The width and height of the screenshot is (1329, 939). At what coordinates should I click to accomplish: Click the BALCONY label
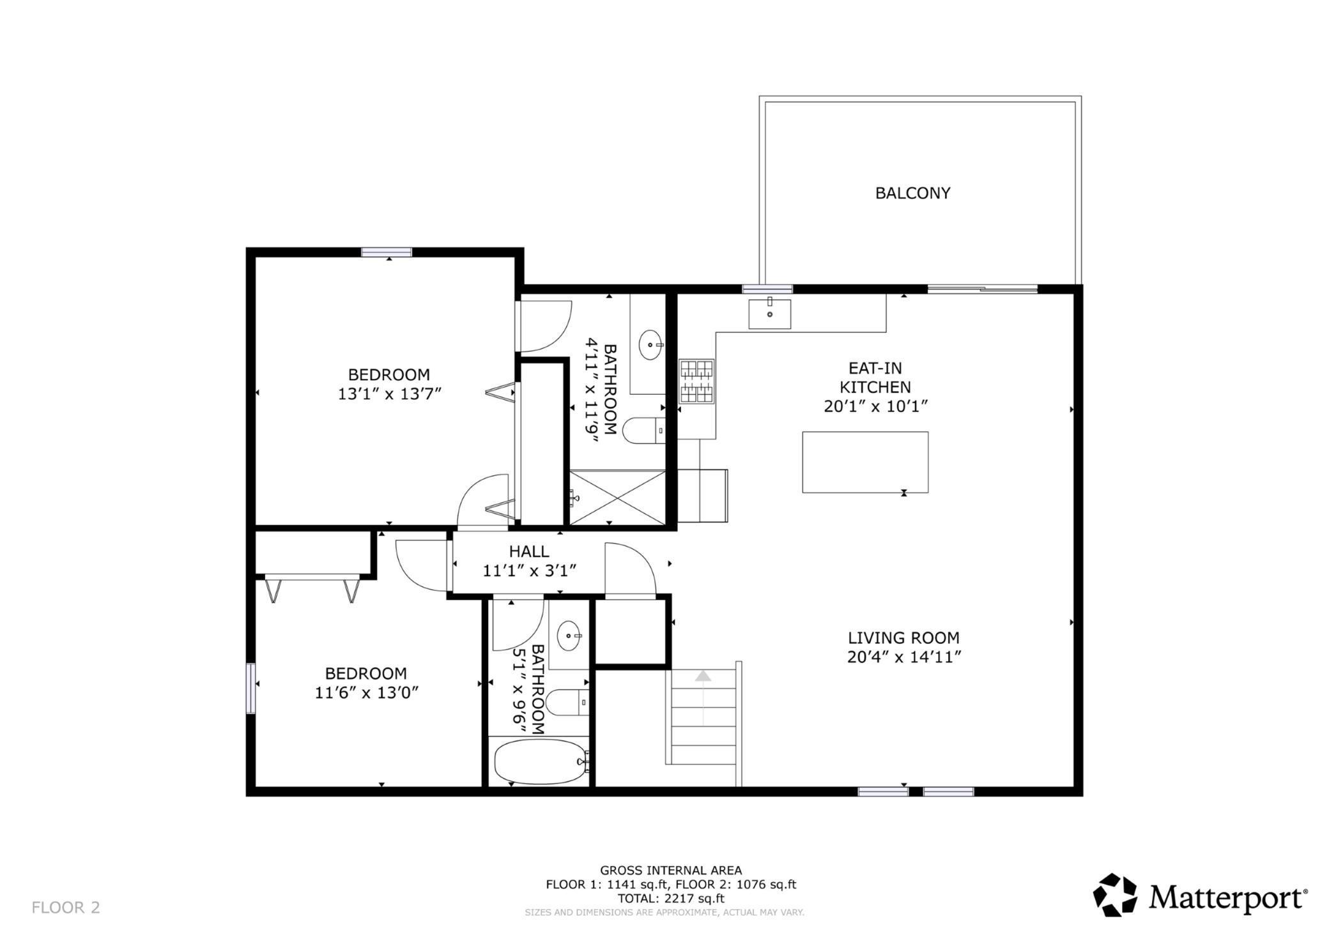pyautogui.click(x=912, y=193)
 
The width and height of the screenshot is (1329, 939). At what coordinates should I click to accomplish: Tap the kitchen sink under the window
pyautogui.click(x=769, y=314)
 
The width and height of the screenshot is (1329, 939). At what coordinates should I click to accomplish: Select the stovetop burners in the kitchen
pyautogui.click(x=696, y=381)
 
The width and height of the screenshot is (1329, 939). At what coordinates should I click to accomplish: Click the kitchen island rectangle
pyautogui.click(x=865, y=462)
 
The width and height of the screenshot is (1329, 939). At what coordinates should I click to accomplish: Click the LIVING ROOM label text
pyautogui.click(x=903, y=637)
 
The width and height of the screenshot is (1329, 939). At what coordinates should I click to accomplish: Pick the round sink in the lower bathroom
pyautogui.click(x=569, y=636)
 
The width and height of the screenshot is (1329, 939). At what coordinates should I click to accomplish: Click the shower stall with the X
pyautogui.click(x=617, y=498)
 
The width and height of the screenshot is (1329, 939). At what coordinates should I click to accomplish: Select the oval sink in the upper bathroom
pyautogui.click(x=650, y=345)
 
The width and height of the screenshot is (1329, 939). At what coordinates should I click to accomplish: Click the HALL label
pyautogui.click(x=528, y=551)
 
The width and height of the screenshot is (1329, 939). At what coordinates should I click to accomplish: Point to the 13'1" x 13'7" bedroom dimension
pyautogui.click(x=390, y=393)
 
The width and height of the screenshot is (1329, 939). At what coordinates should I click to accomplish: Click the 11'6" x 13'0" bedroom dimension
pyautogui.click(x=367, y=692)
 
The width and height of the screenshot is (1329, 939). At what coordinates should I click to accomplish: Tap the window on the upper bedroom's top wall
pyautogui.click(x=387, y=252)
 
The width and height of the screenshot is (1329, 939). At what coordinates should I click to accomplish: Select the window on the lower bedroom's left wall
pyautogui.click(x=251, y=688)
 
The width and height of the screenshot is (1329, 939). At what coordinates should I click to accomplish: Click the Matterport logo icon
pyautogui.click(x=1115, y=895)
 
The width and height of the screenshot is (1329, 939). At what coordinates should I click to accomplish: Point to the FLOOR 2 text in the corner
pyautogui.click(x=66, y=907)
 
